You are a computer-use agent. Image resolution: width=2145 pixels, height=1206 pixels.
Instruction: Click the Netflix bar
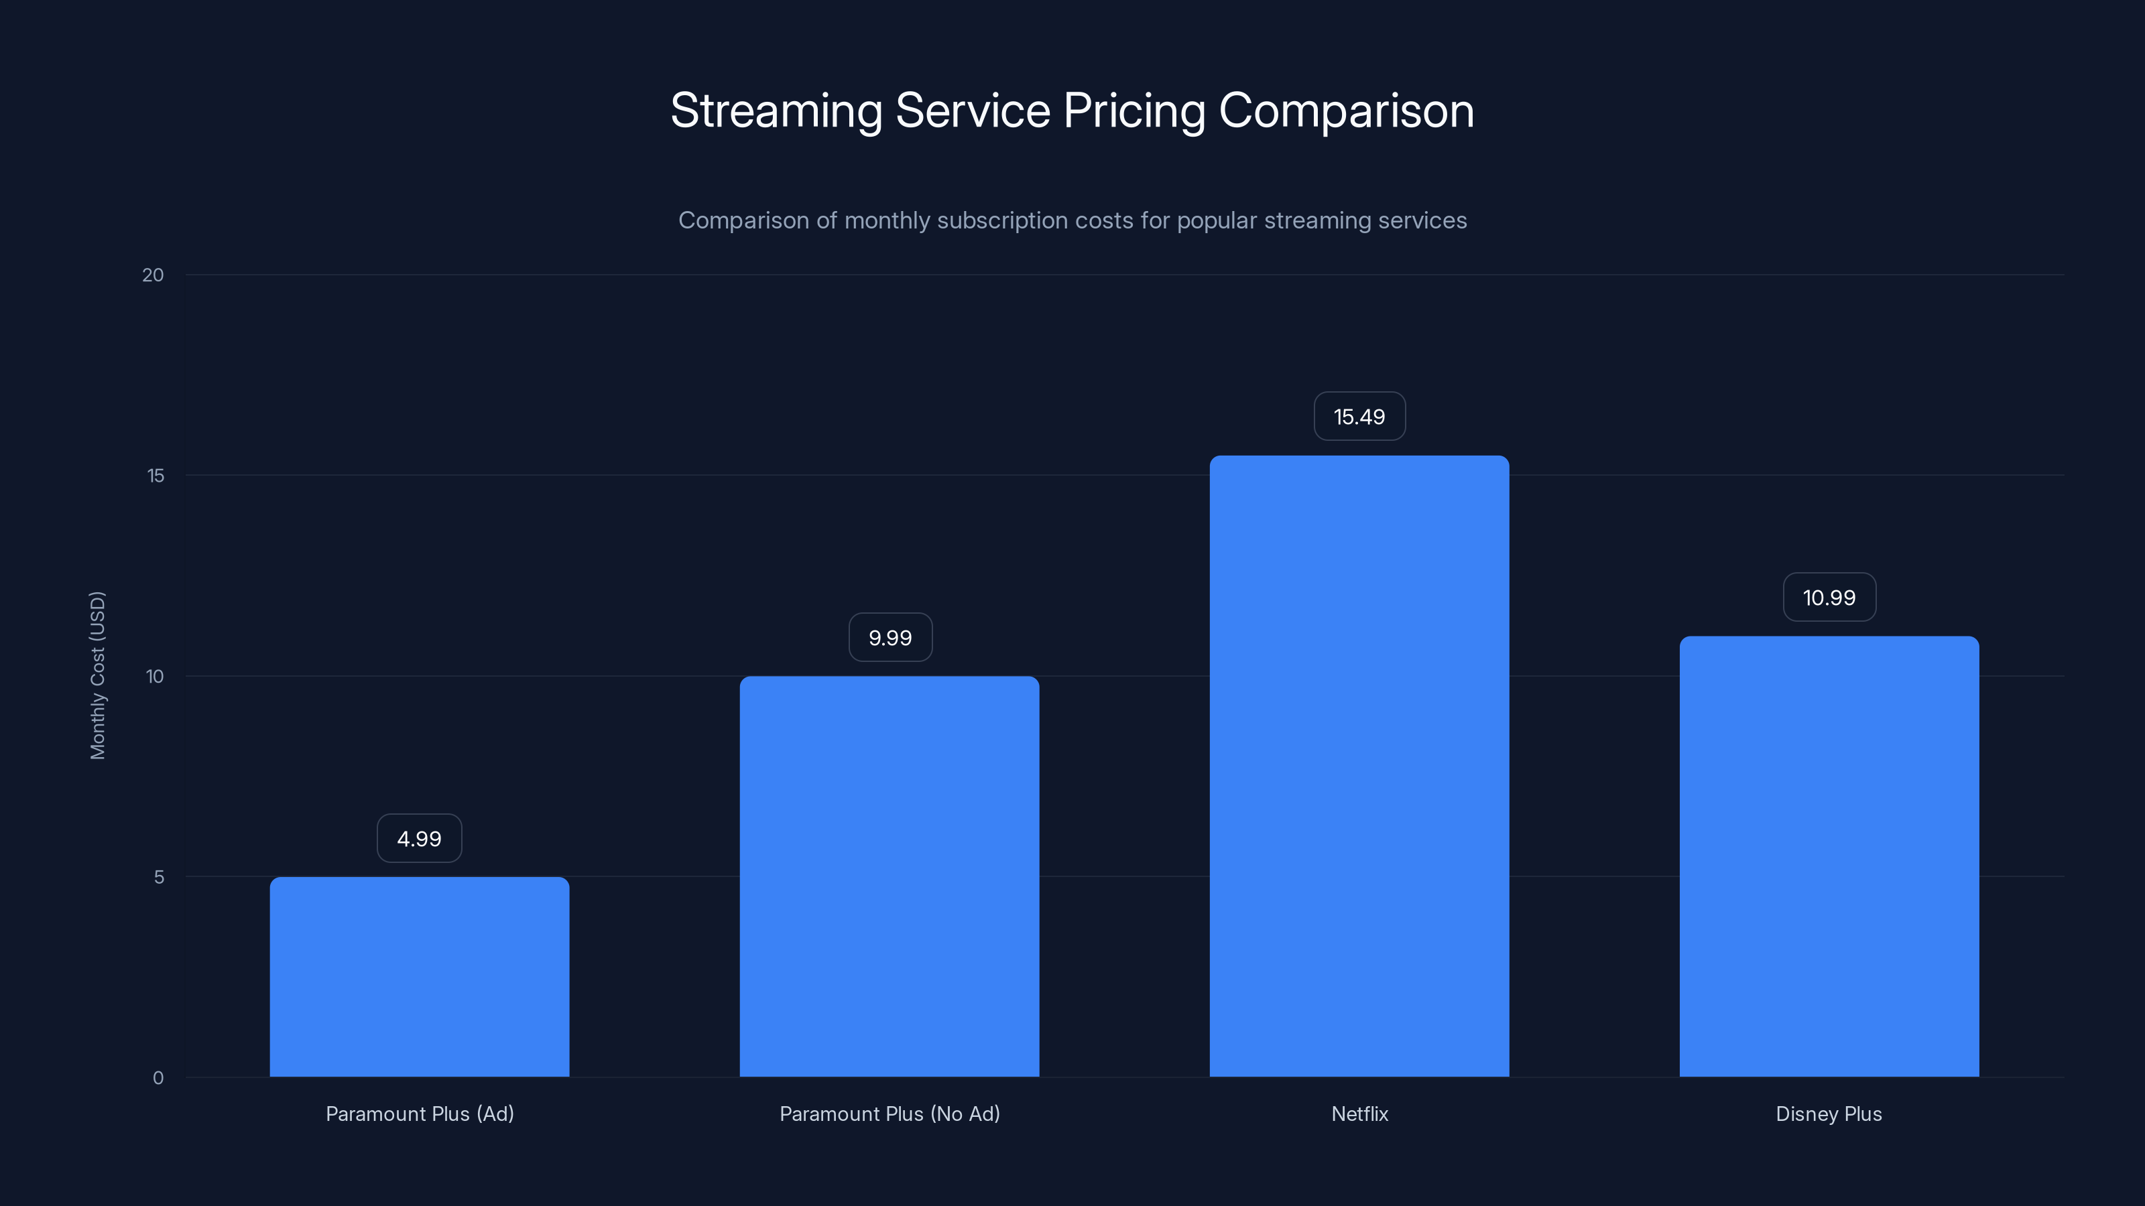(1359, 766)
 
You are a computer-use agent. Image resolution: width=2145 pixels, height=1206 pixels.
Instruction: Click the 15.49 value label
(1359, 416)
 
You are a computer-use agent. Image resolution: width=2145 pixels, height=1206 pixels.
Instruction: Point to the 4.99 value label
(419, 838)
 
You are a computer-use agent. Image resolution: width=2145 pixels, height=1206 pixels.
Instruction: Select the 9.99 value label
(890, 638)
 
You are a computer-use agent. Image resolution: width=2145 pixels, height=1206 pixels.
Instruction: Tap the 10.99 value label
(1829, 598)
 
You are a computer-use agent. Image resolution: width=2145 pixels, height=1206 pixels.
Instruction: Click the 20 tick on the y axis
(154, 275)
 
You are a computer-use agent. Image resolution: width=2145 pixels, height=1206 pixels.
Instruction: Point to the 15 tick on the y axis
(156, 475)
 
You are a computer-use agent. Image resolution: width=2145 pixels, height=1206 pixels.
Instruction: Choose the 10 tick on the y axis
(155, 676)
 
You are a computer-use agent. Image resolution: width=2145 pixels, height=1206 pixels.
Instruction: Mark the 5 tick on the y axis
(159, 876)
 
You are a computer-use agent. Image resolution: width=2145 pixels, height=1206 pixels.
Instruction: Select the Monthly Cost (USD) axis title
(97, 675)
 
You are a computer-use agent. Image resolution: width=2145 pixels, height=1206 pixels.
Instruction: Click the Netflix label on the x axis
(1359, 1114)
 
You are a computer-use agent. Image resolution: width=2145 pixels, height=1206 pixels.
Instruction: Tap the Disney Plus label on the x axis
(1829, 1114)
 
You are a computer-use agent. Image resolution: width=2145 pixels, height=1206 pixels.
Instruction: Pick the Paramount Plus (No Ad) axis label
(890, 1114)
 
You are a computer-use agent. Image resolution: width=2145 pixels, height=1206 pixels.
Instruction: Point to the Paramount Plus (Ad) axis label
(420, 1114)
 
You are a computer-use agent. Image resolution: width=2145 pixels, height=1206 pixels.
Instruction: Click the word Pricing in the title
(1133, 111)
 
